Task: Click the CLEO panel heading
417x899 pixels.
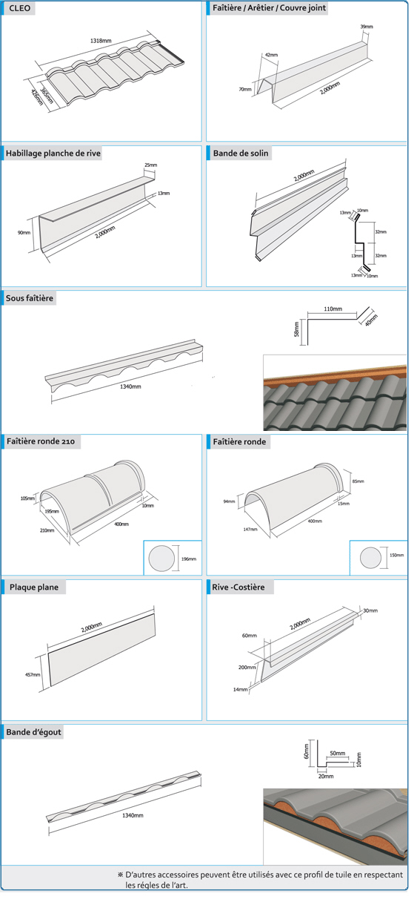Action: pos(19,8)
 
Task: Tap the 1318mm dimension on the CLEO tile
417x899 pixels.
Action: pos(101,41)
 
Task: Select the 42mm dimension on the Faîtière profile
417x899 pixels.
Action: pos(271,55)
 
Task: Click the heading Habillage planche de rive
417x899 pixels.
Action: pos(53,154)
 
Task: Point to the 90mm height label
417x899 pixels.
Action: pos(24,232)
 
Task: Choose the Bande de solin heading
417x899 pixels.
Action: pos(240,154)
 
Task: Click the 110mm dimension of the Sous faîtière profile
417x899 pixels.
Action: pos(333,309)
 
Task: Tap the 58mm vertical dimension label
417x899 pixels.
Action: pos(297,329)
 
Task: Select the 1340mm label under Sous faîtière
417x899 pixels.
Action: pos(130,386)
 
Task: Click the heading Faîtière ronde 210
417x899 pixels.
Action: pos(41,441)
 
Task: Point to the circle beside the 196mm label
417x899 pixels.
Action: pos(161,559)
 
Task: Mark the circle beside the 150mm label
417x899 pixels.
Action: pos(370,558)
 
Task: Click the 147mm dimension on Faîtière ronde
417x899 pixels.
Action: pos(250,530)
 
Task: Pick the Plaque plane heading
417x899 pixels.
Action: pos(34,587)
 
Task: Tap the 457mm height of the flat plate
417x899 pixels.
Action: pos(33,675)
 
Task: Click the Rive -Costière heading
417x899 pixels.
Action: pos(238,587)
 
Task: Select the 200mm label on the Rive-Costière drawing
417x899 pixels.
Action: pos(247,667)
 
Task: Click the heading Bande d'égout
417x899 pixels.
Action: pos(33,732)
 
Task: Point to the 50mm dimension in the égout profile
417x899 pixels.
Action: pos(338,754)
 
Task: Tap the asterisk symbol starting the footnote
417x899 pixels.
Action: pos(120,875)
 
